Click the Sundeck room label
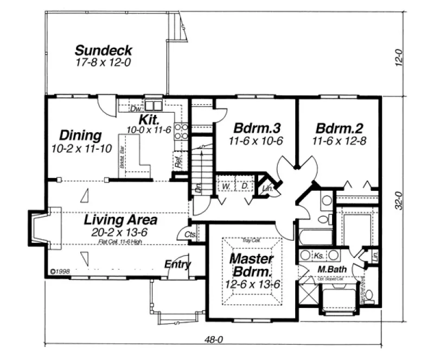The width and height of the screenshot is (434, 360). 103,50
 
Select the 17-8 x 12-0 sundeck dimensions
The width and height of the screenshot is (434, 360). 103,62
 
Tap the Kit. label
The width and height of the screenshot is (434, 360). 148,119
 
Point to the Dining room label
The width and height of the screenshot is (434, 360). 80,135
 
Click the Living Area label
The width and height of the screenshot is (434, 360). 120,220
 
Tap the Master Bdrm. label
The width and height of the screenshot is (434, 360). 251,264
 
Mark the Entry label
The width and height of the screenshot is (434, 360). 177,265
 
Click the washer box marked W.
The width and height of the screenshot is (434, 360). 225,186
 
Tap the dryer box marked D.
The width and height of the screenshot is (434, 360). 245,186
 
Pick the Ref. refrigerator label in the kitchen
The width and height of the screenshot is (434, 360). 178,160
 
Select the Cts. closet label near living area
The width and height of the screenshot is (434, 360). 190,234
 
